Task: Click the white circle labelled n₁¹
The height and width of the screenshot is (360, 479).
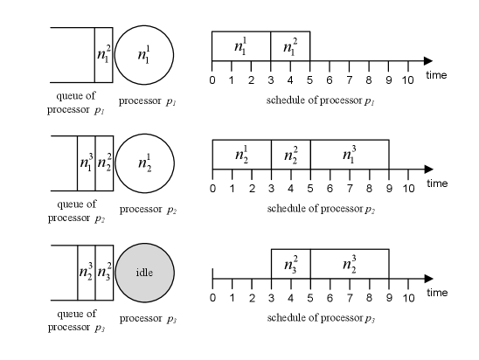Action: (144, 55)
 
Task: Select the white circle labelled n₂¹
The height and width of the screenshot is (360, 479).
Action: (145, 163)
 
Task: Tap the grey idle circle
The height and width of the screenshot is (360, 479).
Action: (145, 273)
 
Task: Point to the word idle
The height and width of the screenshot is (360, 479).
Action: (144, 273)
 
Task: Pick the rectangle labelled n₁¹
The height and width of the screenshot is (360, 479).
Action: (241, 46)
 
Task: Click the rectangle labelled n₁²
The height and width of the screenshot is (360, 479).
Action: (290, 46)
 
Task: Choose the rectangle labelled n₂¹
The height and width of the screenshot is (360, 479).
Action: (242, 155)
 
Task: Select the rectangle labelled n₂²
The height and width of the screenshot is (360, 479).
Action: (291, 155)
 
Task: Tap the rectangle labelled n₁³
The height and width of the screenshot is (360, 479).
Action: (349, 155)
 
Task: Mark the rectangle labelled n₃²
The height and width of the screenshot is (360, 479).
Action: (291, 264)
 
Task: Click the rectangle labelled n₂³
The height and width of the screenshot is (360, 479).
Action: (349, 264)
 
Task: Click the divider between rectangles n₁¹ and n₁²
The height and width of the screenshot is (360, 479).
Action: (271, 46)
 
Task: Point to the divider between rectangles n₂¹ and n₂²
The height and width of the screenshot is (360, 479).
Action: (272, 155)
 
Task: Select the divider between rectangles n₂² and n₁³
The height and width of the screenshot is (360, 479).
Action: (310, 155)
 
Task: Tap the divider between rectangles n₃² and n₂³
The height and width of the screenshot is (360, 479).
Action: (310, 264)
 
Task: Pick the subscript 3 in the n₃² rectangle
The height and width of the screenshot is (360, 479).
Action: (295, 269)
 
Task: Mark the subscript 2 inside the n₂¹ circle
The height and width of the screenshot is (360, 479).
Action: (149, 168)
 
